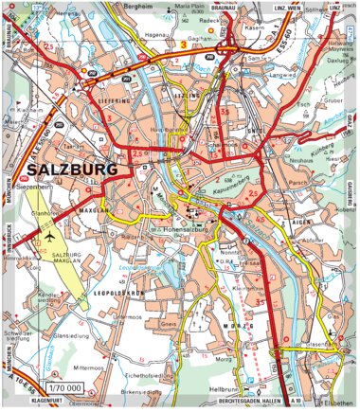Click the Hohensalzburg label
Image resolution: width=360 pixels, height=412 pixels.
171,228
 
